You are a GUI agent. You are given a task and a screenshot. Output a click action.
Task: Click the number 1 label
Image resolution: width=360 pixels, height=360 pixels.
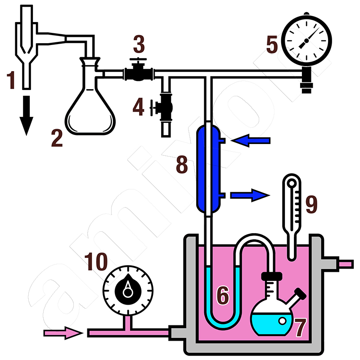(x=11, y=81)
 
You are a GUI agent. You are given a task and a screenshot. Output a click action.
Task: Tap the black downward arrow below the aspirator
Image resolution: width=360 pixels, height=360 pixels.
(x=26, y=115)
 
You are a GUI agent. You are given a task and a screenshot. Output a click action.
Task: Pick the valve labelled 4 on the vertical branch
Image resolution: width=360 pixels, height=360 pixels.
(x=165, y=107)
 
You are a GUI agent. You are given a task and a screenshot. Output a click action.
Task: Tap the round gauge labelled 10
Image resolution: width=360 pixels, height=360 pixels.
(x=129, y=288)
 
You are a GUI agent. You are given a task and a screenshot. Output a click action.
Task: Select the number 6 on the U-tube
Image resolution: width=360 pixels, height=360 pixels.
(x=222, y=295)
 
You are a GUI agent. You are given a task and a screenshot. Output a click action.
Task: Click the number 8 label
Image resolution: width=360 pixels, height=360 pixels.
(x=182, y=165)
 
